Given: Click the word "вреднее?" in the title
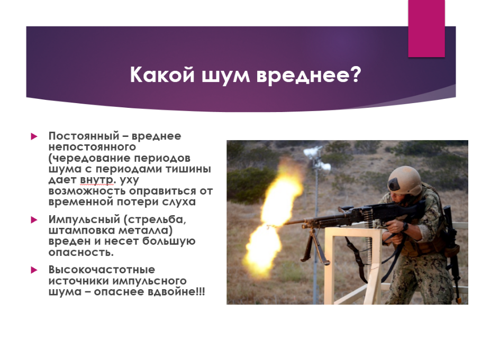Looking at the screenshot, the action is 308,75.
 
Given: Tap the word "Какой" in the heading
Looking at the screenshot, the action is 162,75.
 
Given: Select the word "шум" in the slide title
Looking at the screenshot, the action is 225,76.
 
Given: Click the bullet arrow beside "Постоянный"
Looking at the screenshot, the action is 34,136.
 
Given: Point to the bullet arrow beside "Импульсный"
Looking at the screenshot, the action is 34,220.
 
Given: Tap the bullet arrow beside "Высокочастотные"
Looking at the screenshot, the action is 34,270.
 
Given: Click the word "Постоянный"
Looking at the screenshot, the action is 84,136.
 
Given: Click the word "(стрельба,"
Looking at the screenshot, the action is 155,220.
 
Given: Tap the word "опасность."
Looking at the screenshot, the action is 81,252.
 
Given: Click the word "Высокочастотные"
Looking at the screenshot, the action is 102,270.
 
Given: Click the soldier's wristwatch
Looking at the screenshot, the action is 405,227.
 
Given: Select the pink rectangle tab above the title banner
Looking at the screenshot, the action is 426,29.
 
